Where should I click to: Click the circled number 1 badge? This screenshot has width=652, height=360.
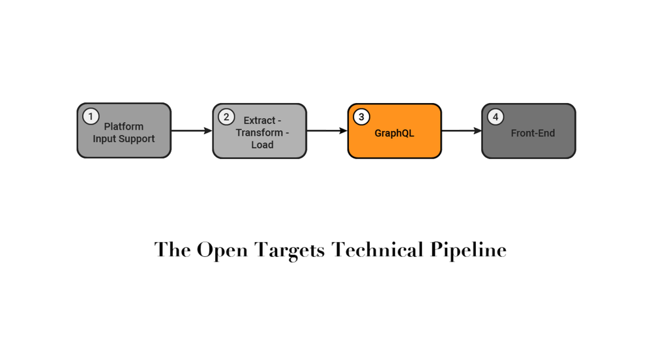coord(91,117)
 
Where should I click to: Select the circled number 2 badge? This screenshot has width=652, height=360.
coord(226,117)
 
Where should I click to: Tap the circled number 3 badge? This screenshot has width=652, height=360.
coord(361,117)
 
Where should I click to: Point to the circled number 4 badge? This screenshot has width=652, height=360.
coord(496,117)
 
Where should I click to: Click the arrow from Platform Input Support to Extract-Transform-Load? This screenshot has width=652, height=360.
coord(192,131)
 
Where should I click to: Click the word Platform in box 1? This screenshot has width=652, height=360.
coord(124,127)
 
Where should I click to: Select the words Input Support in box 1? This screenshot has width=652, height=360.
coord(124,139)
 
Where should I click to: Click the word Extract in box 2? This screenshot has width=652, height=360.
coord(259,121)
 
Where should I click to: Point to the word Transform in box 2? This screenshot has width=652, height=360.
coord(259,133)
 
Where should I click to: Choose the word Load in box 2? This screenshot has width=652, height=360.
coord(262,145)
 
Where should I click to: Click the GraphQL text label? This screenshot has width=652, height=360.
coord(394,133)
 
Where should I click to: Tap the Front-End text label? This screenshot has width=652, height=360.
coord(533,133)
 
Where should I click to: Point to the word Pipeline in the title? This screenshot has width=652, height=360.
coord(468,250)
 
